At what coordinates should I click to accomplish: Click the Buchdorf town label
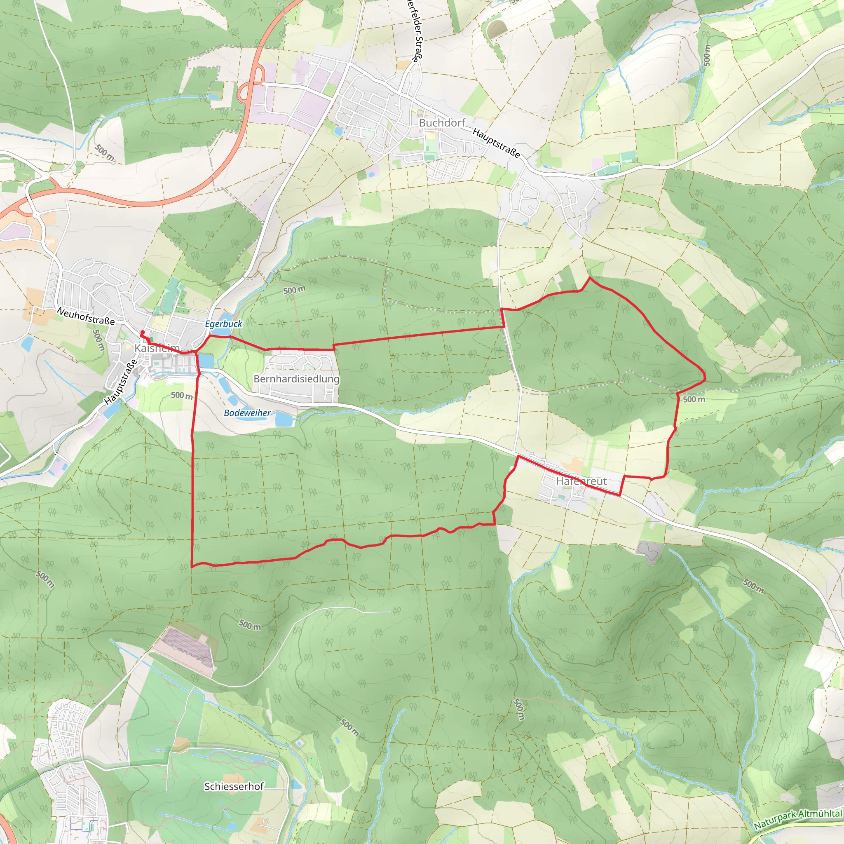pos(442,123)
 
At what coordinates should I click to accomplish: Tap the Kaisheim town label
pos(157,348)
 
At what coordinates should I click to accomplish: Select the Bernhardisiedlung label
pos(296,379)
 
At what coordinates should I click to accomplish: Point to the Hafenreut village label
pos(581,481)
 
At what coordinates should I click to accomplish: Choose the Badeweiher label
pos(247,413)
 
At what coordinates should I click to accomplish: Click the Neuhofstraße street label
pos(86,316)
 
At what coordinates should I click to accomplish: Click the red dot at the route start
pos(143,333)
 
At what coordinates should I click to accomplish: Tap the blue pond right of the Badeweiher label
pos(284,420)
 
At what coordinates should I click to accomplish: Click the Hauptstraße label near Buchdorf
pos(496,144)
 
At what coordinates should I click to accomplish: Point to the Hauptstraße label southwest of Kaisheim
pos(121,382)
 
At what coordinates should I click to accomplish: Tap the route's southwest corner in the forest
pos(192,566)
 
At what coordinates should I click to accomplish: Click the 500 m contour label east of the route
pos(694,399)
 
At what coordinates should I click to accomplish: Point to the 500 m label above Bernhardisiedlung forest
pos(294,290)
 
